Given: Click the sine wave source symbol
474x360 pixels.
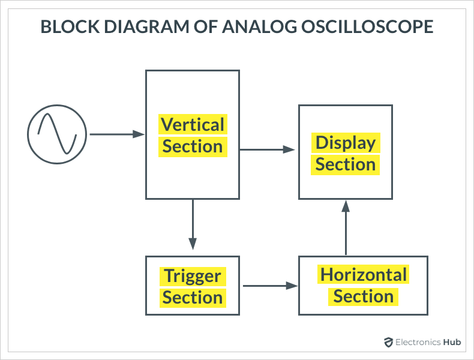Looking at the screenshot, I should pyautogui.click(x=57, y=134).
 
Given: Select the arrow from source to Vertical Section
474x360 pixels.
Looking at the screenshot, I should pyautogui.click(x=117, y=134).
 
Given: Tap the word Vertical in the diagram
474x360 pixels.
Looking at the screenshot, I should pyautogui.click(x=193, y=125).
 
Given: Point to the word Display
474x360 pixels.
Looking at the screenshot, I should pyautogui.click(x=346, y=143).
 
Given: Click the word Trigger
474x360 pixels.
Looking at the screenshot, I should pyautogui.click(x=193, y=277).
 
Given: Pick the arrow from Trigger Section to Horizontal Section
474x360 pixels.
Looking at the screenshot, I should pyautogui.click(x=270, y=286).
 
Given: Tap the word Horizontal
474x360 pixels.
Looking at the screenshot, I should pyautogui.click(x=364, y=275).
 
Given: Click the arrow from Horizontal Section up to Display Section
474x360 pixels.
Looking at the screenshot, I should pyautogui.click(x=346, y=228).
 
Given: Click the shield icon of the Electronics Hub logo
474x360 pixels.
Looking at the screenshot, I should pyautogui.click(x=388, y=342).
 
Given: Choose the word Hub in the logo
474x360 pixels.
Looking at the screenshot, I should pyautogui.click(x=452, y=342).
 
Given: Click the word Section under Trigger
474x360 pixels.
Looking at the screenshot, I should pyautogui.click(x=193, y=298).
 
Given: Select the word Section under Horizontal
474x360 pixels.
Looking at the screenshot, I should pyautogui.click(x=364, y=296).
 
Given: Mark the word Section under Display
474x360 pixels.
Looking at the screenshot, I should pyautogui.click(x=346, y=164).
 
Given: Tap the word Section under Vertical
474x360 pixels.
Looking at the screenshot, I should pyautogui.click(x=193, y=146).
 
